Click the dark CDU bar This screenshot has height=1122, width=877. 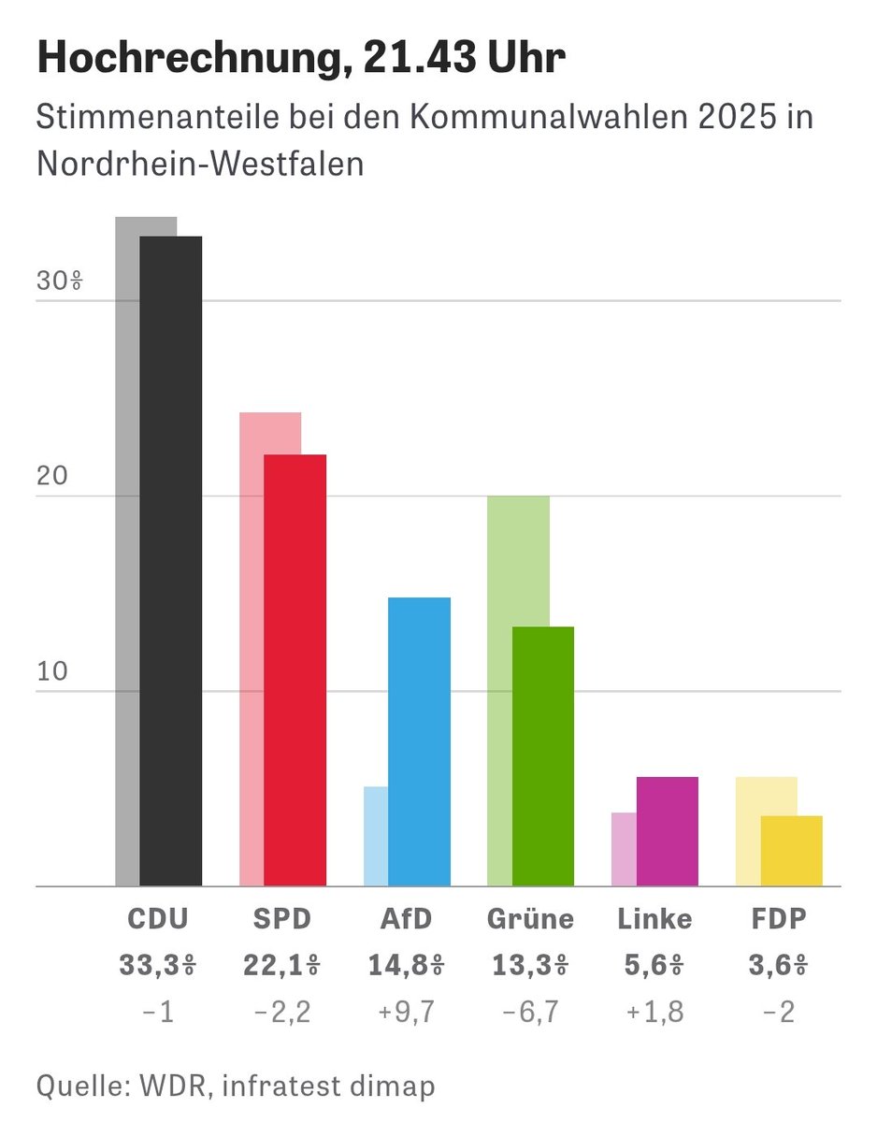click(x=170, y=561)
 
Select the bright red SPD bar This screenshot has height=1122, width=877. click(x=295, y=669)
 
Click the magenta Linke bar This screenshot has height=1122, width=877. click(x=668, y=830)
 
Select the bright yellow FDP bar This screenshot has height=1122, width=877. click(x=792, y=851)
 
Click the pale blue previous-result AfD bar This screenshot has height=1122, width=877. click(x=375, y=836)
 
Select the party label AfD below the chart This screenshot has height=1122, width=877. click(x=406, y=919)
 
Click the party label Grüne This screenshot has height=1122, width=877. click(x=530, y=919)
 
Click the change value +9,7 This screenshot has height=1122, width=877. click(x=406, y=1011)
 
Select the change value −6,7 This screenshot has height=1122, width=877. click(x=530, y=1011)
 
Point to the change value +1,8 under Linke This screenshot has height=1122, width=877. click(x=654, y=1011)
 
